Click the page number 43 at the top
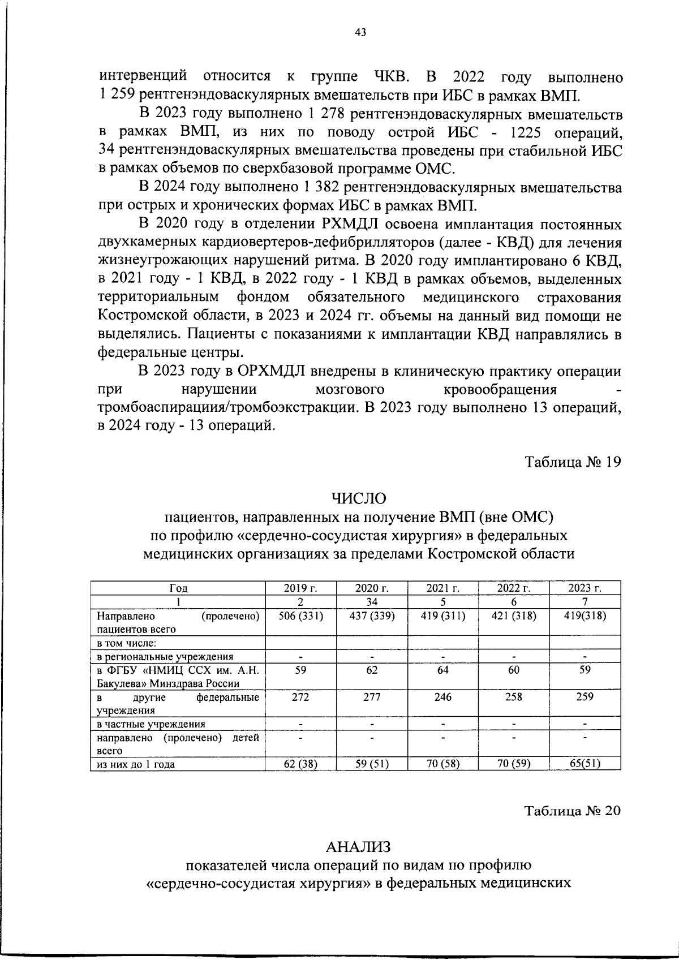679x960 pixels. coord(360,33)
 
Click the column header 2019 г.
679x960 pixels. coord(300,588)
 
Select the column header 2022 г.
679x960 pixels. coord(513,588)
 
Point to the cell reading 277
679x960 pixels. coord(372,697)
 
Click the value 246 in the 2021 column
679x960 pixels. coord(442,697)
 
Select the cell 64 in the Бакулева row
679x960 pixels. coord(442,670)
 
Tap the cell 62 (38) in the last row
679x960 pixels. coord(300,764)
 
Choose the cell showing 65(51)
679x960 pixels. coord(585,764)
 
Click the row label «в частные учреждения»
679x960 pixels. coord(151,724)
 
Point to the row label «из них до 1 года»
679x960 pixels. coord(136,764)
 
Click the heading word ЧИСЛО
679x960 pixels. coord(359,498)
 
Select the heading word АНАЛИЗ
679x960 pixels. coord(359,846)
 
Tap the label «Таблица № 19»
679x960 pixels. coord(573,462)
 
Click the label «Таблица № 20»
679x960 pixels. coord(573,810)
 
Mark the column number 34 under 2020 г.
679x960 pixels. coord(372,601)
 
